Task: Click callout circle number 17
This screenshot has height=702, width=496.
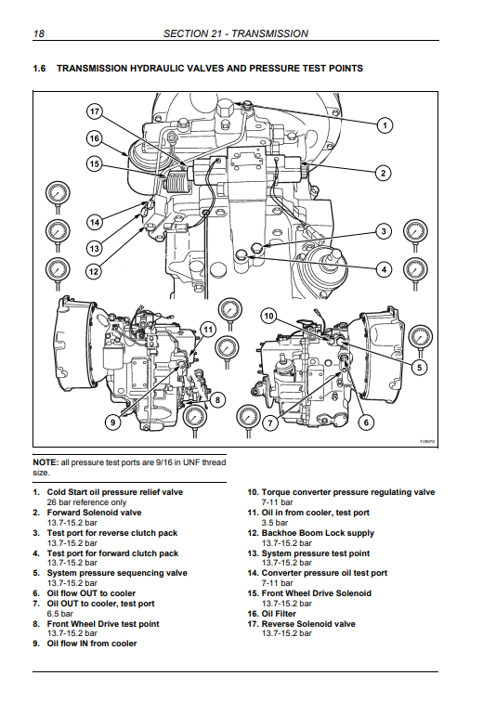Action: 94,111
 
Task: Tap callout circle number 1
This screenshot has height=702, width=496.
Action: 385,125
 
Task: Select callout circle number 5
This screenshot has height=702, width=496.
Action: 420,368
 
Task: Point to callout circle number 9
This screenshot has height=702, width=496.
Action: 112,422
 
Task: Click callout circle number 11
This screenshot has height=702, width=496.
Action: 208,330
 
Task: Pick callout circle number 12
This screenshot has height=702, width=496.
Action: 94,271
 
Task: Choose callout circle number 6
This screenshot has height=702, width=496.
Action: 366,422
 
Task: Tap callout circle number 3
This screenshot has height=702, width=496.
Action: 384,231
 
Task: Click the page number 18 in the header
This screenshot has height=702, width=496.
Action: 39,33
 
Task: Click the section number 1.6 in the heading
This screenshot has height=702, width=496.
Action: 39,69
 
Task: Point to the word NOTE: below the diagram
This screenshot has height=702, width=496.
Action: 46,462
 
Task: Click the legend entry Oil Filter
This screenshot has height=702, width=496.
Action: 279,614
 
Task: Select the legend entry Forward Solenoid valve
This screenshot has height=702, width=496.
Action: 94,513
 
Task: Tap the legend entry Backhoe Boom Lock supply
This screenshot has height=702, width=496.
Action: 318,533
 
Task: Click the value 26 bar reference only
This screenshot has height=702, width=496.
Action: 86,502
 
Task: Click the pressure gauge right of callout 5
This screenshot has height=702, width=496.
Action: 422,340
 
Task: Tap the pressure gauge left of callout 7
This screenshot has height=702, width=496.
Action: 248,420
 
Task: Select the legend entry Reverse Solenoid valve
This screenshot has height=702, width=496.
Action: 308,624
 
